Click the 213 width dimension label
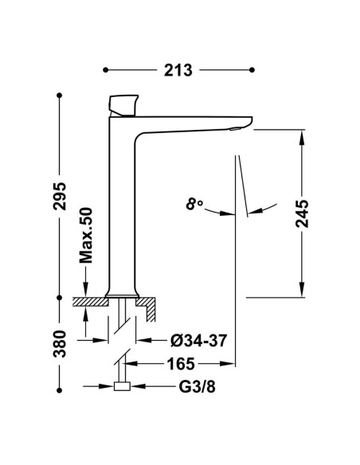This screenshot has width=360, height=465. [x=178, y=70]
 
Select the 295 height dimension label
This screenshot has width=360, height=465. [x=60, y=196]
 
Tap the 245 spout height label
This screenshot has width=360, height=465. [x=302, y=213]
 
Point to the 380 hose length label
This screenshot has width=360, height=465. [x=60, y=343]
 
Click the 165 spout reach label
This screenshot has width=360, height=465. [x=181, y=364]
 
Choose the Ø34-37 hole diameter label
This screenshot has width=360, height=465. [x=198, y=341]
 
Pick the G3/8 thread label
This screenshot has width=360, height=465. [x=197, y=386]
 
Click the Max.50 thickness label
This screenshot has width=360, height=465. [x=86, y=236]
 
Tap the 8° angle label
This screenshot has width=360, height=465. [x=194, y=205]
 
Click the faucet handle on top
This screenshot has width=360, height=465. [x=123, y=105]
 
